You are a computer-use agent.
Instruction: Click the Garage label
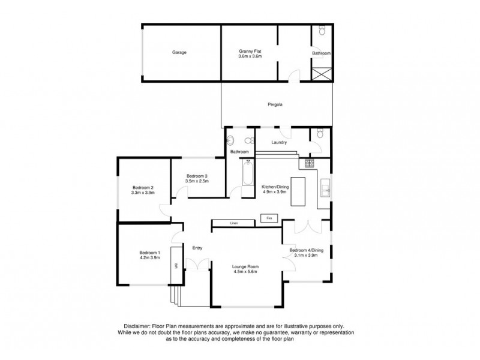tap(179, 53)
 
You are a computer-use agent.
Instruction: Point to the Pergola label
tap(275, 105)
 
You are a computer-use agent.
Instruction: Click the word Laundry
tap(279, 143)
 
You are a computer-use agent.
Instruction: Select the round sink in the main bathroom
tap(232, 142)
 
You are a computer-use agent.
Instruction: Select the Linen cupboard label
tap(234, 224)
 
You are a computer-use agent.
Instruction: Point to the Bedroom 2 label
tap(143, 187)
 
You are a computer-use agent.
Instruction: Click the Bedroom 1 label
tap(149, 253)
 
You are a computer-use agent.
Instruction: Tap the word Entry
tap(197, 248)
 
